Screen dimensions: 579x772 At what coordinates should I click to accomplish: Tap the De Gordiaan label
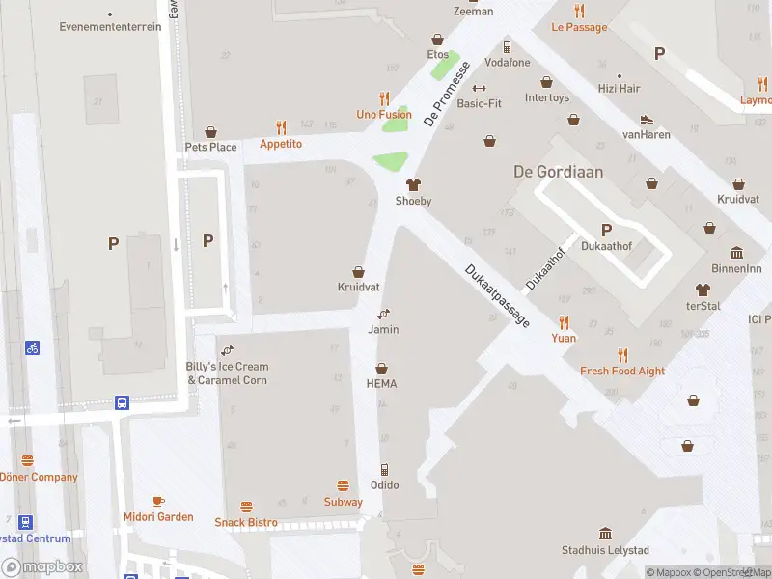point(558,172)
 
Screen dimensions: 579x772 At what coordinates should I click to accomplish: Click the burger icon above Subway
point(343,485)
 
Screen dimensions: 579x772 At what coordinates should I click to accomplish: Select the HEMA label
point(381,384)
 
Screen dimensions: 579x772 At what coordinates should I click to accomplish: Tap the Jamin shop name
point(383,330)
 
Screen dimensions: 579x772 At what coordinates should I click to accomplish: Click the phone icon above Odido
point(384,469)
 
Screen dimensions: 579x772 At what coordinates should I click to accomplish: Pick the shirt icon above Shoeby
point(413,184)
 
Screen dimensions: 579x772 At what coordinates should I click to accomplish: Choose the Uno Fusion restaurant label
point(383,115)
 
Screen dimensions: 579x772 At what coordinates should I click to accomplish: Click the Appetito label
point(281,144)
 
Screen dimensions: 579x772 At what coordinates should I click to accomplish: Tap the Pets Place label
point(210,147)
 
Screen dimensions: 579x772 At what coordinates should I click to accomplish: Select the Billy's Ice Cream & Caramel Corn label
point(228,373)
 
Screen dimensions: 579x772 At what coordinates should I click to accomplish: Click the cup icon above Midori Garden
point(158,501)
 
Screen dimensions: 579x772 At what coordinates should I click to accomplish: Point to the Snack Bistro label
point(245,523)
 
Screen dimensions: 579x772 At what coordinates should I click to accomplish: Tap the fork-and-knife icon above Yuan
point(564,322)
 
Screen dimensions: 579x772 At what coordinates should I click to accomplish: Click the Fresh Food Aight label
point(622,372)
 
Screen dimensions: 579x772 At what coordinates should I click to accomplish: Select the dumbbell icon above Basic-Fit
point(479,88)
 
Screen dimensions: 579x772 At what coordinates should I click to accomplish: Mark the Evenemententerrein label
point(110,27)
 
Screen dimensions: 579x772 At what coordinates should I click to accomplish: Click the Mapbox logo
point(42,567)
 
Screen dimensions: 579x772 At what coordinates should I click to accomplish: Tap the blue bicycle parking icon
point(33,347)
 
